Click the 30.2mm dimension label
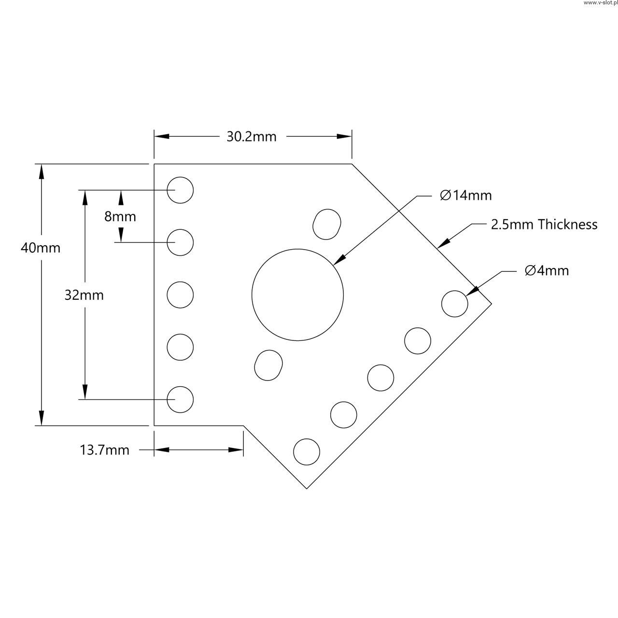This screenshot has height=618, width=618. pos(252,137)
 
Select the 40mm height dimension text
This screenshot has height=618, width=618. pos(41,248)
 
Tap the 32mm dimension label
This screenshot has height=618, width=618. pos(84,295)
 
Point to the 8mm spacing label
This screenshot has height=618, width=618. pos(120,217)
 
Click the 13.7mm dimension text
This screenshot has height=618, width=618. pos(104,450)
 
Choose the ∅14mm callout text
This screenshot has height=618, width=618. pos(466,196)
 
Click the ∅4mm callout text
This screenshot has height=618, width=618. pos(547,271)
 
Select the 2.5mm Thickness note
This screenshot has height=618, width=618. pos(544,225)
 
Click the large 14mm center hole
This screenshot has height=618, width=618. pos(297,295)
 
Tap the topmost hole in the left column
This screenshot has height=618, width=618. pos(180,190)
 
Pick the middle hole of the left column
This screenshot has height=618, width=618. pos(180,295)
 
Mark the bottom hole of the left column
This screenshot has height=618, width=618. pos(180,399)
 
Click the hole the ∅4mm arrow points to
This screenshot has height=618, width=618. pos(455,304)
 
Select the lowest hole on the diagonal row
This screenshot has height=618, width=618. pos(307,452)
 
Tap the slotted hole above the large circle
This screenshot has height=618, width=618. pos(327,224)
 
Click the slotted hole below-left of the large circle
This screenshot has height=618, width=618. pos(268,365)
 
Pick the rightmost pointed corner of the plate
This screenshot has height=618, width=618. pos(491,304)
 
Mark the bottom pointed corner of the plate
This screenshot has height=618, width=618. pos(307,488)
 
